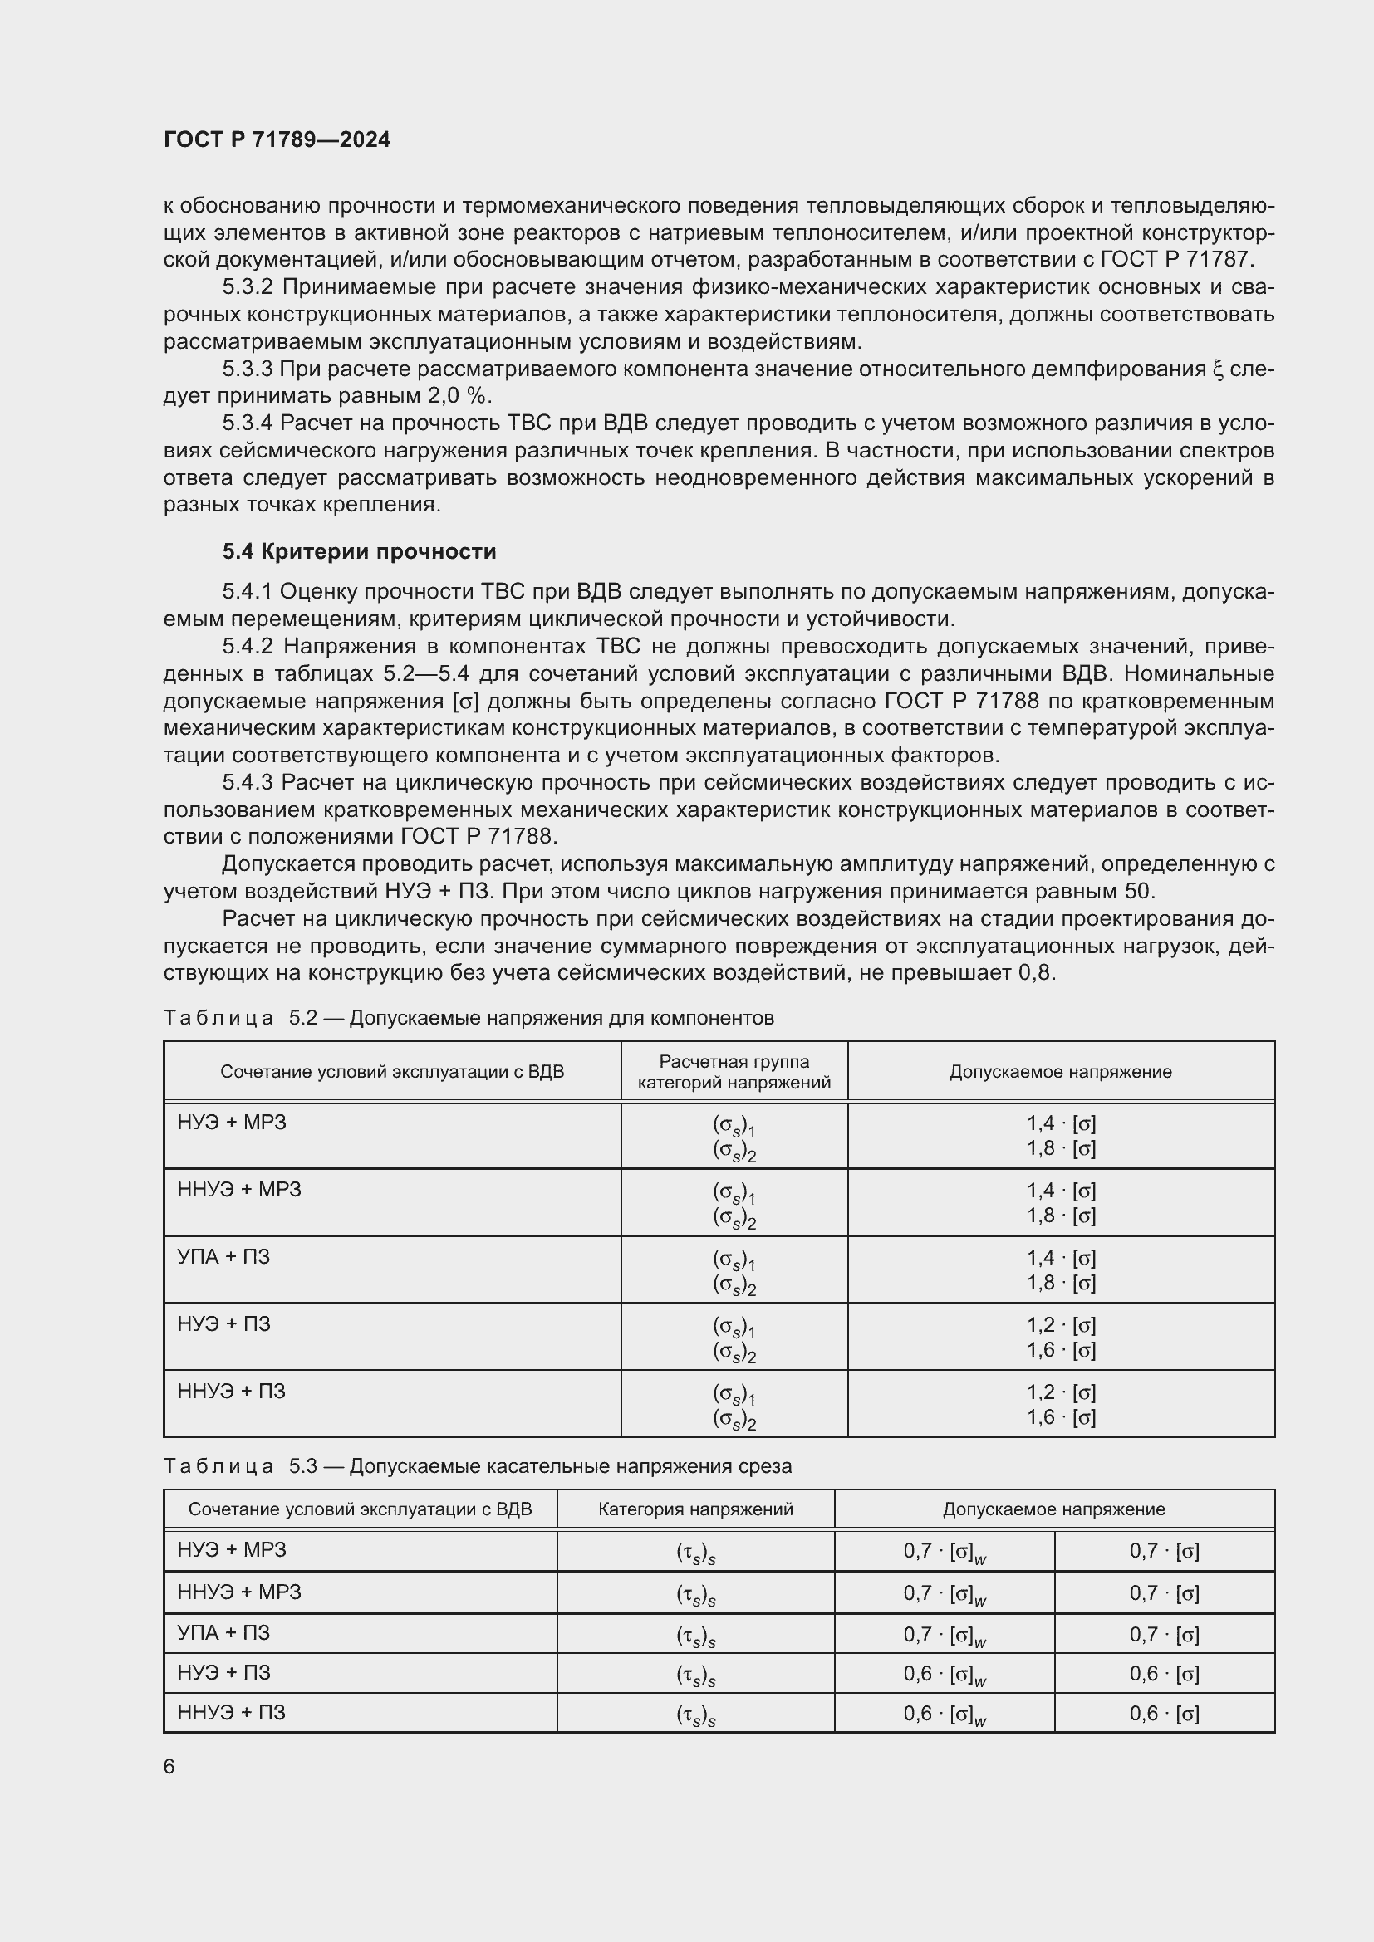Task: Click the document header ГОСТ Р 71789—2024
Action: (277, 139)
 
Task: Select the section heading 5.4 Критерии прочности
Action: (359, 551)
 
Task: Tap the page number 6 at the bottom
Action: (169, 1767)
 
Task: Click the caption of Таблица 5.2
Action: (468, 1018)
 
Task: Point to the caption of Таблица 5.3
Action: (477, 1465)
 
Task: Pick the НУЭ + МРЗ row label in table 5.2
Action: (232, 1123)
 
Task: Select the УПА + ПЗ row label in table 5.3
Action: (223, 1632)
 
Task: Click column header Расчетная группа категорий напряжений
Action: (734, 1072)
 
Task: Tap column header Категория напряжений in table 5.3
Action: (694, 1509)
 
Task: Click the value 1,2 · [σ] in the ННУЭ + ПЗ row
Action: (1061, 1392)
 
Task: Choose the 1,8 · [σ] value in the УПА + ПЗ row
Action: (1061, 1282)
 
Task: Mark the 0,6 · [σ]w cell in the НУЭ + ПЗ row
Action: (945, 1674)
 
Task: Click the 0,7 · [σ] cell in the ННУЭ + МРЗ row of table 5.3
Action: (1164, 1592)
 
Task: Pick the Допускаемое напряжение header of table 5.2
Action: (1060, 1072)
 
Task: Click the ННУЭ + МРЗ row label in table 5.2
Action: (238, 1189)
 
